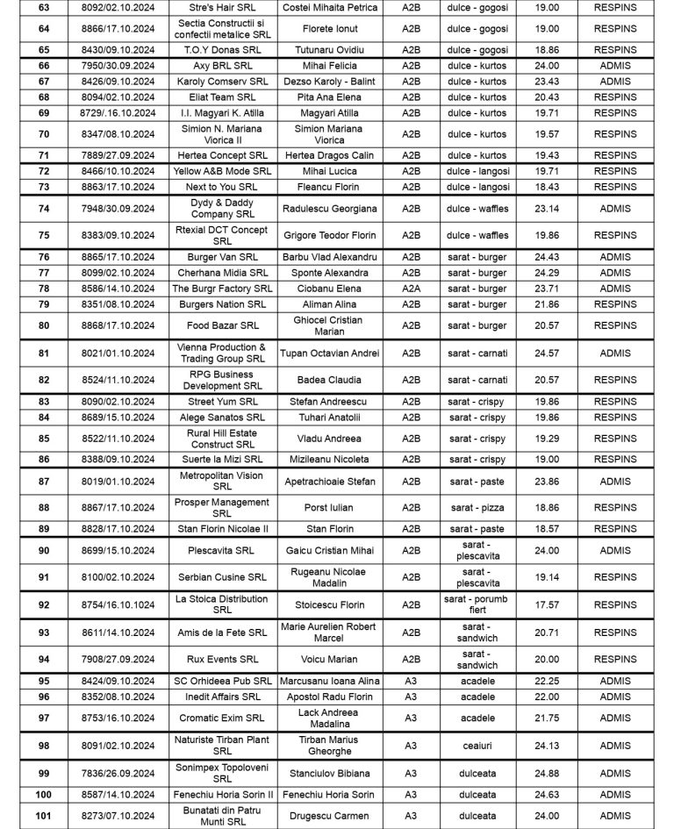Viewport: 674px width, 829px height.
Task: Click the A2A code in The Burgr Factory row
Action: (x=411, y=289)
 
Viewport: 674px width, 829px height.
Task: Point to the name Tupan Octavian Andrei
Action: (x=330, y=353)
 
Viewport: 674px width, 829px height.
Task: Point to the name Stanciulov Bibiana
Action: (x=330, y=773)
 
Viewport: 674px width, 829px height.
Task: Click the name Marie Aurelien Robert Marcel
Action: (x=330, y=632)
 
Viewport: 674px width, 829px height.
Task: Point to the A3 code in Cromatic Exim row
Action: (x=411, y=718)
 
